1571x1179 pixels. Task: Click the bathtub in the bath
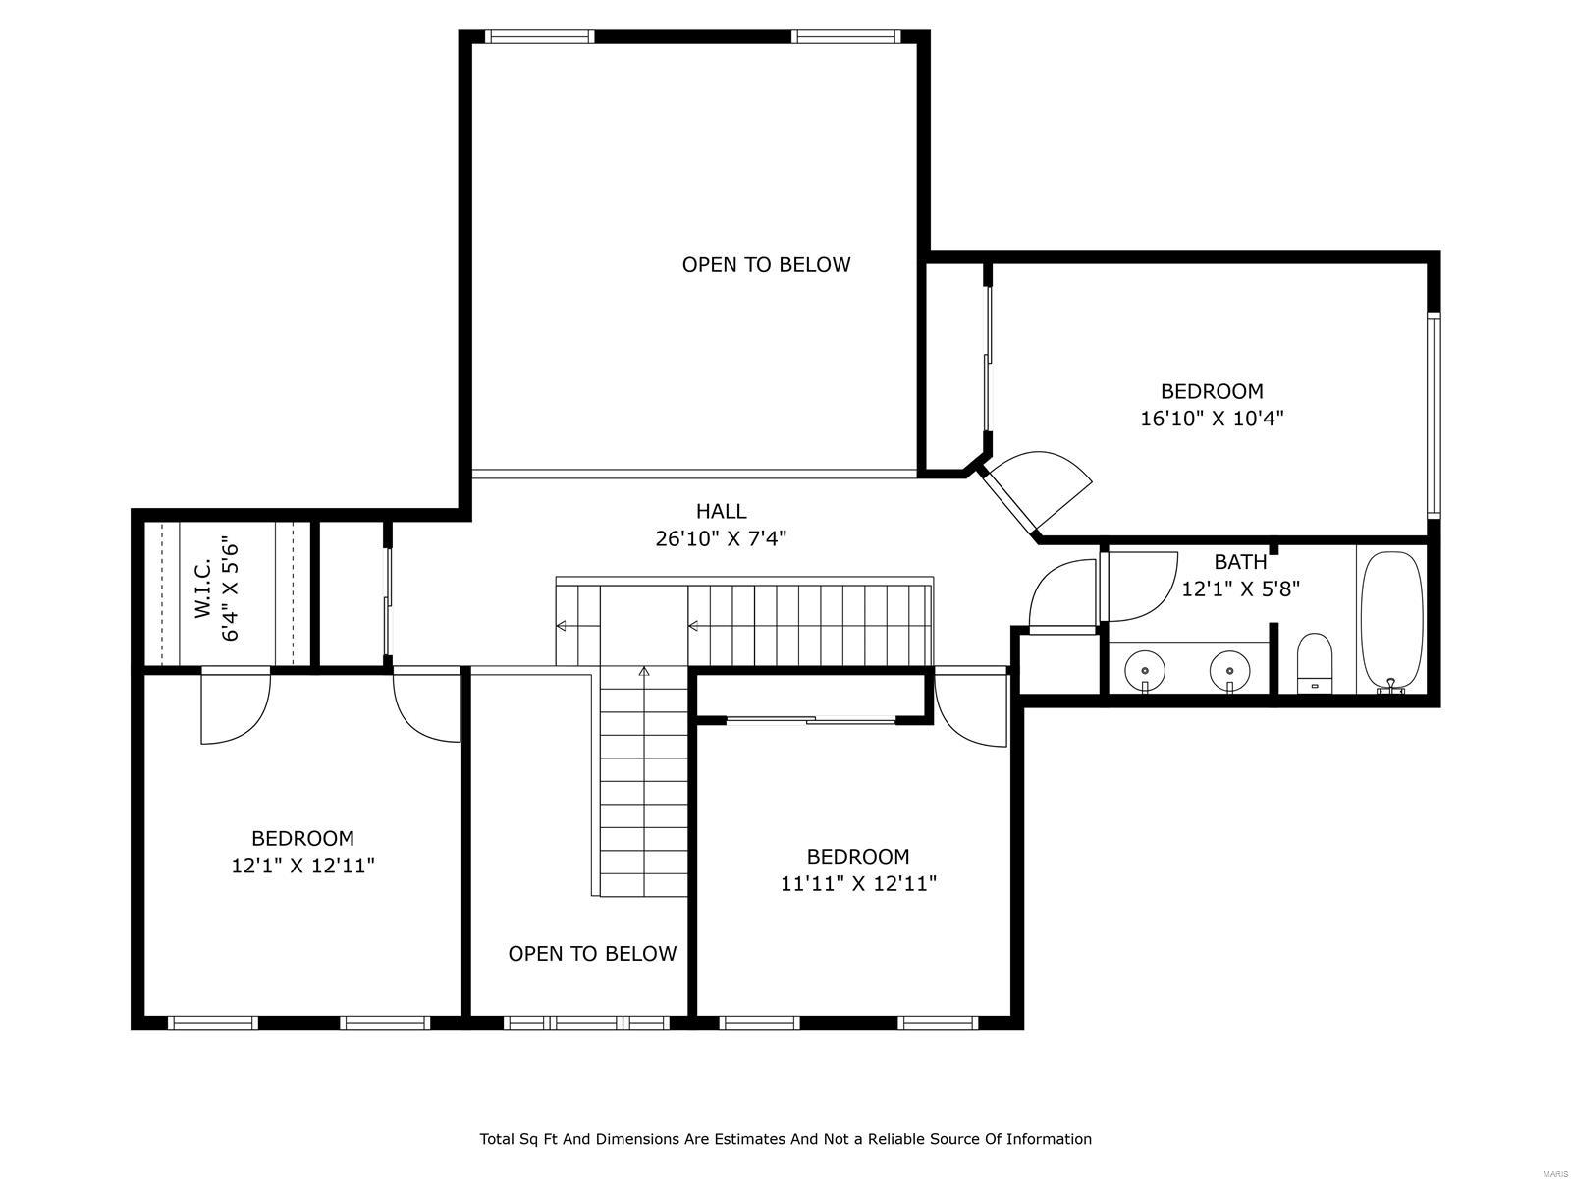pos(1391,621)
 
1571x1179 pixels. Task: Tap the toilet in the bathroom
pos(1315,664)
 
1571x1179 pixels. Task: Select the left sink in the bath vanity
pos(1145,671)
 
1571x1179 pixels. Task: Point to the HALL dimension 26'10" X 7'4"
pos(721,538)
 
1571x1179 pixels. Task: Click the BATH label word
pos(1240,562)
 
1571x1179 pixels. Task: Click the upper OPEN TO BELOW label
pos(766,264)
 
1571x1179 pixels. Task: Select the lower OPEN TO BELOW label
pos(592,954)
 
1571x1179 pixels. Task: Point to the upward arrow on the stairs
pos(644,672)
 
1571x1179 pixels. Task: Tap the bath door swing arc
pos(1142,588)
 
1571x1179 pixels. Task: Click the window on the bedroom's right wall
pos(1433,415)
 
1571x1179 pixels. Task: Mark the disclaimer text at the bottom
pos(785,1139)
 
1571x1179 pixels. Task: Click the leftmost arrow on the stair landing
pos(562,626)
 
